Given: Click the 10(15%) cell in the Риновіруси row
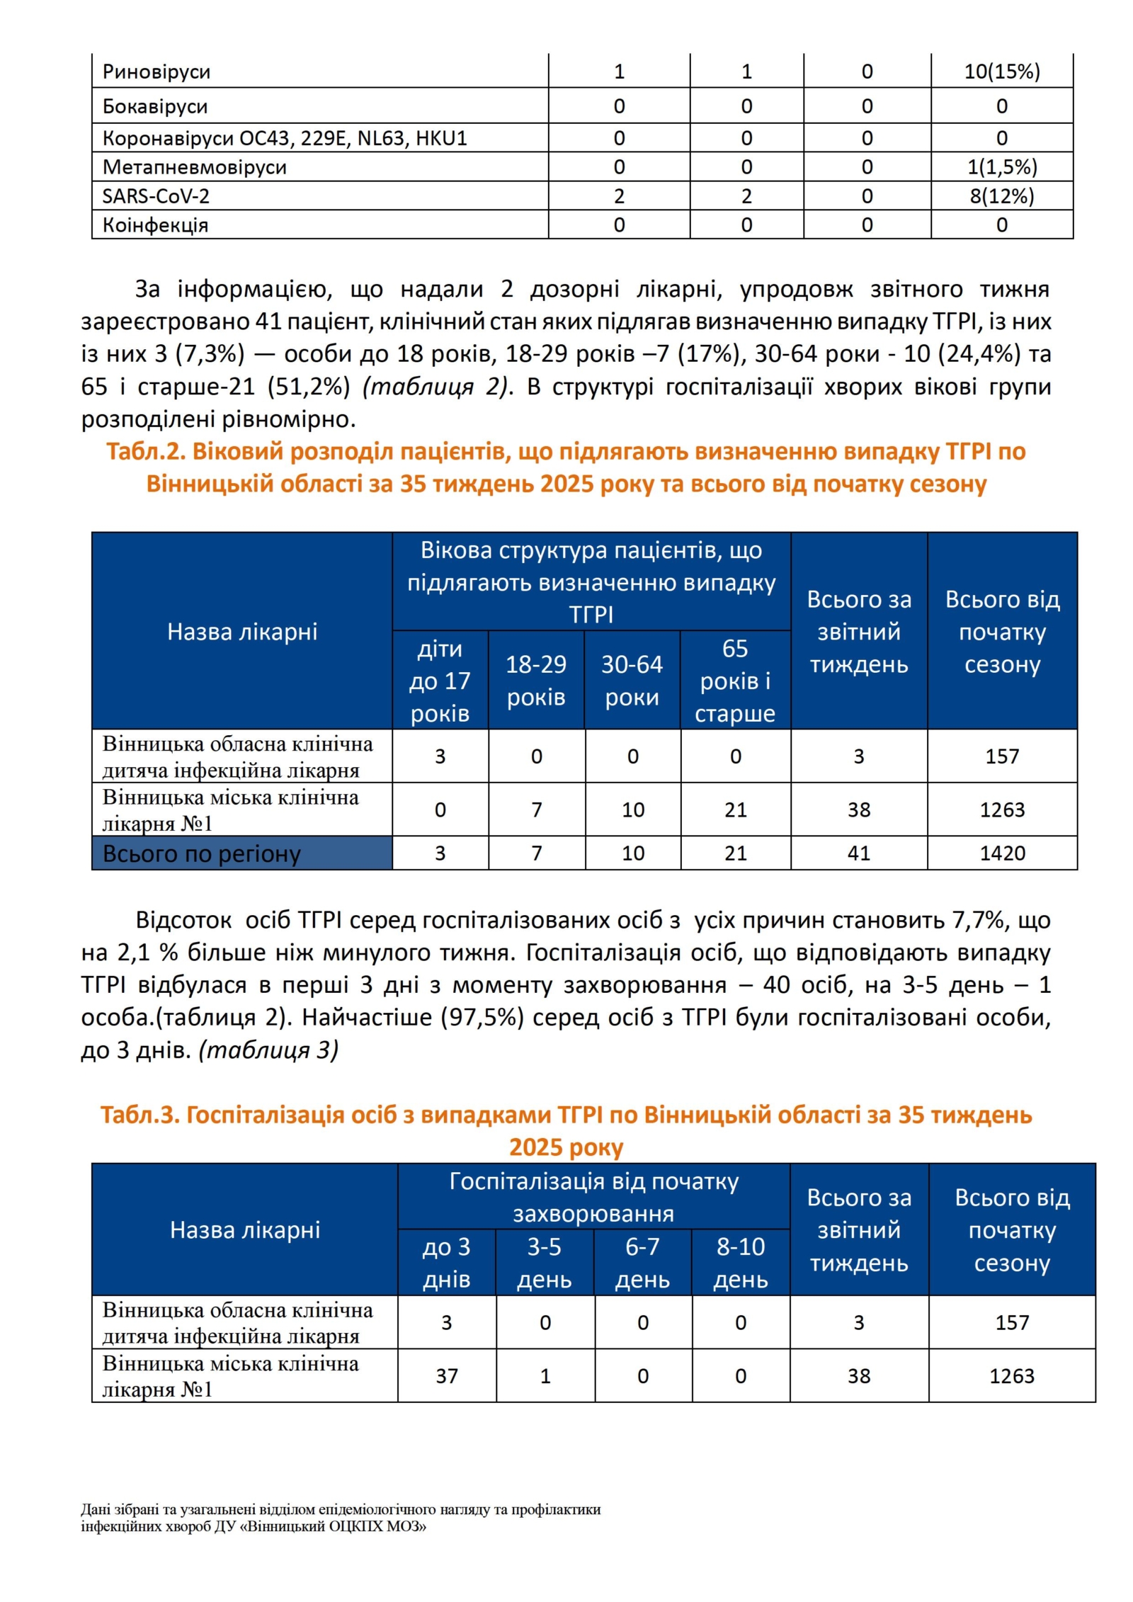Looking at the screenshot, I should point(1001,72).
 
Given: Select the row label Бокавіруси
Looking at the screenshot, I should point(155,106).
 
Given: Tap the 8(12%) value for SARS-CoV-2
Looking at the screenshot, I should point(1001,196).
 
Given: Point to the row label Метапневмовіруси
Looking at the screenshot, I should point(195,167).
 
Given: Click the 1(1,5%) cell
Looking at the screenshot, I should point(1001,167).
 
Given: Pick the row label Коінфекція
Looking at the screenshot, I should point(155,225).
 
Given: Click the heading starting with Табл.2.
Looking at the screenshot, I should point(566,467).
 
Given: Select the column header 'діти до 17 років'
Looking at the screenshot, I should point(440,680).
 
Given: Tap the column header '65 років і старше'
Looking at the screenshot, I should point(735,680).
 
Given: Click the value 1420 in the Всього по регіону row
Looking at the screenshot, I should point(1001,853).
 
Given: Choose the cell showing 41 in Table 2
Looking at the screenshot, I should point(858,853).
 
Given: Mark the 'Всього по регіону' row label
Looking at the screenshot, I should point(202,853).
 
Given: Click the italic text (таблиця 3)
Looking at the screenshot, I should point(269,1050).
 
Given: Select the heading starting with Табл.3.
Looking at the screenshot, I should point(566,1131).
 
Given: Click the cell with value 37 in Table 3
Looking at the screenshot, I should point(446,1375).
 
